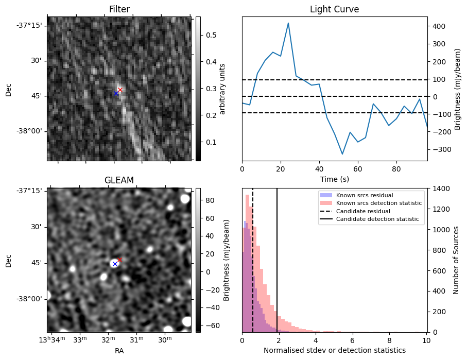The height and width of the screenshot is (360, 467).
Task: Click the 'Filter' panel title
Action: (x=119, y=9)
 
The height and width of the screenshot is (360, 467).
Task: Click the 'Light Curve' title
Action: (x=334, y=9)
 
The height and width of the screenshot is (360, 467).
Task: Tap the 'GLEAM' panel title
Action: (x=119, y=180)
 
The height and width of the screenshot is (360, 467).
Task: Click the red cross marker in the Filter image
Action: (x=120, y=90)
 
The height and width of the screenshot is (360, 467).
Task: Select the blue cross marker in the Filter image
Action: (x=116, y=93)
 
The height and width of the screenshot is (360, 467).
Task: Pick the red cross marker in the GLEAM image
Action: (x=119, y=260)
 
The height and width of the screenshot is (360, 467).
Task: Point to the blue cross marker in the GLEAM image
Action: (x=115, y=264)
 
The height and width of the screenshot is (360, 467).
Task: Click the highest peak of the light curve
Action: (x=288, y=23)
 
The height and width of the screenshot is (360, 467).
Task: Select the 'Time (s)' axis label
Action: (x=334, y=178)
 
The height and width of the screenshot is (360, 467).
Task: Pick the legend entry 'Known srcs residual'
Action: (x=365, y=195)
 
